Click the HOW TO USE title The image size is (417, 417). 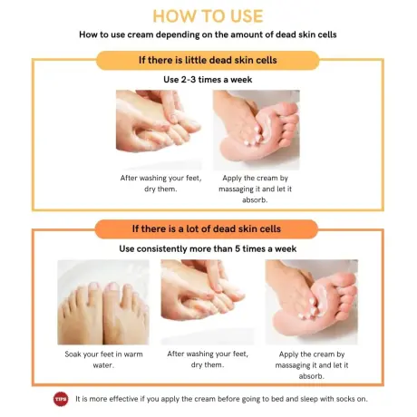(208, 16)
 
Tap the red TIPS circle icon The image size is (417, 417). (61, 399)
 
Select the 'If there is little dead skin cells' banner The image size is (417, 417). (208, 61)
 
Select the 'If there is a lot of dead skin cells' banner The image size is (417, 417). (208, 228)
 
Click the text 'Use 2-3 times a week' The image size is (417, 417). (208, 80)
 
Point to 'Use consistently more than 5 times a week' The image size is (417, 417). (208, 247)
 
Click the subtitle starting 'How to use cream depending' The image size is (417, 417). (208, 35)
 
